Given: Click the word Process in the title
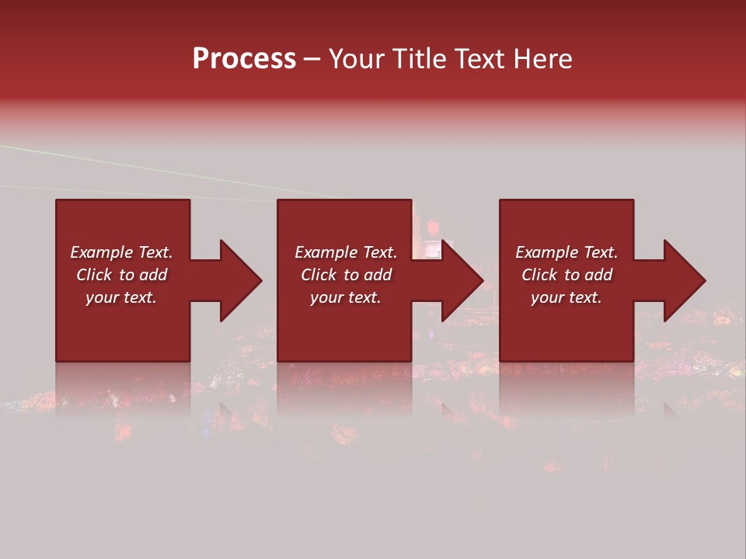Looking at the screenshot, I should [244, 59].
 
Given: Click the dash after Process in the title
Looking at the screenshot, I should [312, 60].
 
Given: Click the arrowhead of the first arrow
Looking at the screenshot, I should [241, 280].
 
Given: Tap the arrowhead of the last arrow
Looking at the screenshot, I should [685, 280].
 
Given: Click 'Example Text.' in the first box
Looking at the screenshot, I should [121, 252].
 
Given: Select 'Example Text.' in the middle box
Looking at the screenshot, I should [346, 252].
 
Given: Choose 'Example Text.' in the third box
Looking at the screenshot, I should [566, 252].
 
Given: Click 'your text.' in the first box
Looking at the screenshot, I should [121, 297].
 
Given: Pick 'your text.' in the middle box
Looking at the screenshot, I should [346, 297].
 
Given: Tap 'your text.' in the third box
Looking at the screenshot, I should [566, 297].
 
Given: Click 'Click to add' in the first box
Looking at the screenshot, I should [121, 275].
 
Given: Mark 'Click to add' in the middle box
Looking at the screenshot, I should [346, 275].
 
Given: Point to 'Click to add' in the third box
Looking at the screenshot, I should [566, 275].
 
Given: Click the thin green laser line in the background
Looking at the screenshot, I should [155, 165].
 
